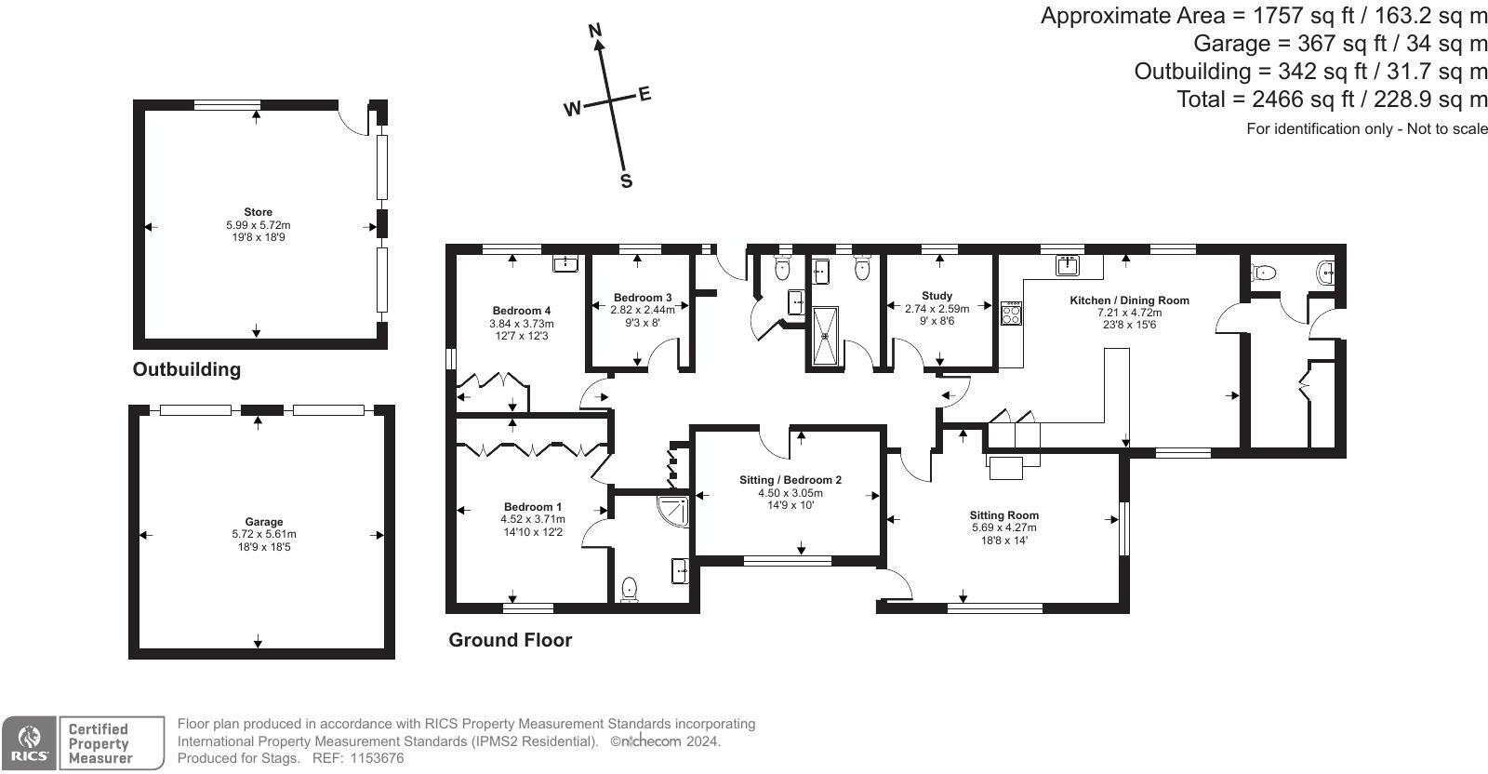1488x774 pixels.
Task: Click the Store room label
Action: (258, 212)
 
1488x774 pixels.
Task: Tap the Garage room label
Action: (264, 522)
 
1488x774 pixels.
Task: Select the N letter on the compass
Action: (595, 31)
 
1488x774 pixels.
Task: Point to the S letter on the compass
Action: (626, 180)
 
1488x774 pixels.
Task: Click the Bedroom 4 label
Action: (522, 311)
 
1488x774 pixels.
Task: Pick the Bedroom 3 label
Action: (643, 298)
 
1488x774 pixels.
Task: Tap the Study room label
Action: (937, 296)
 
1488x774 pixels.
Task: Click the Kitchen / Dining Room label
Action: (1129, 300)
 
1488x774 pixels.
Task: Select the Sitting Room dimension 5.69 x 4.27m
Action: (1003, 527)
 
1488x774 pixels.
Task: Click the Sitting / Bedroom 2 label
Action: (790, 480)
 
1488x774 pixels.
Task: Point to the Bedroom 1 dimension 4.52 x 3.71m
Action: (533, 519)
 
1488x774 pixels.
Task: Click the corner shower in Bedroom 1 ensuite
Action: (672, 510)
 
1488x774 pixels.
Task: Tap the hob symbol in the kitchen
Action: (1011, 313)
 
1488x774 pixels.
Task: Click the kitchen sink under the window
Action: (1067, 265)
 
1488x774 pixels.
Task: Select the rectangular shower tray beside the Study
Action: (825, 336)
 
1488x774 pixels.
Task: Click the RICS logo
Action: (29, 743)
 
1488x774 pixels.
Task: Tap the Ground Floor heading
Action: (511, 640)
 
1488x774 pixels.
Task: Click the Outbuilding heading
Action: (187, 369)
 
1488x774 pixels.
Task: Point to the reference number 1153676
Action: (377, 758)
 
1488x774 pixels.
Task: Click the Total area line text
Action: (1332, 100)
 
